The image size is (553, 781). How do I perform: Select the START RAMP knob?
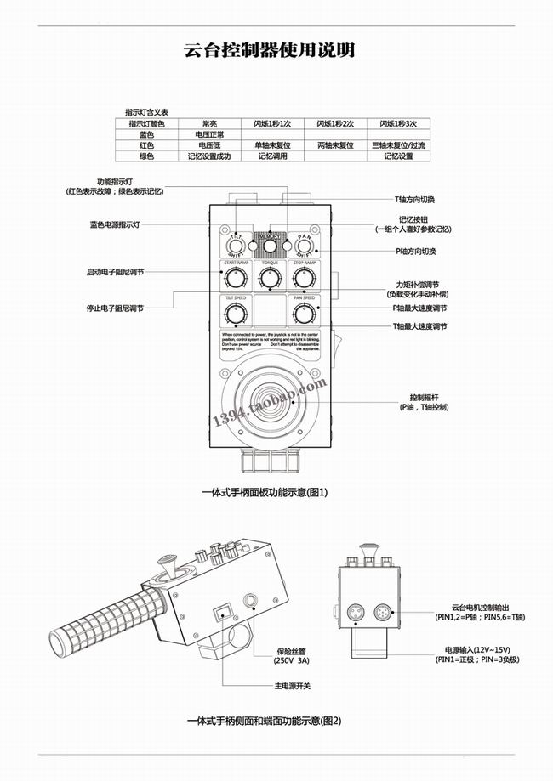(237, 280)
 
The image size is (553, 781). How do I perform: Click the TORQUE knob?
(271, 280)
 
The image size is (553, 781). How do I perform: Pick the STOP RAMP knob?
(305, 280)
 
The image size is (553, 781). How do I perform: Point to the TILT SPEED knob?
(236, 314)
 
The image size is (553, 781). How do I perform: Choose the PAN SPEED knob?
(304, 314)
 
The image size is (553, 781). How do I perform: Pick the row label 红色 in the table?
(146, 145)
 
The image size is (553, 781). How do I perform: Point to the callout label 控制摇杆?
(425, 398)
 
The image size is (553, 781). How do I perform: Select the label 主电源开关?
(291, 685)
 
